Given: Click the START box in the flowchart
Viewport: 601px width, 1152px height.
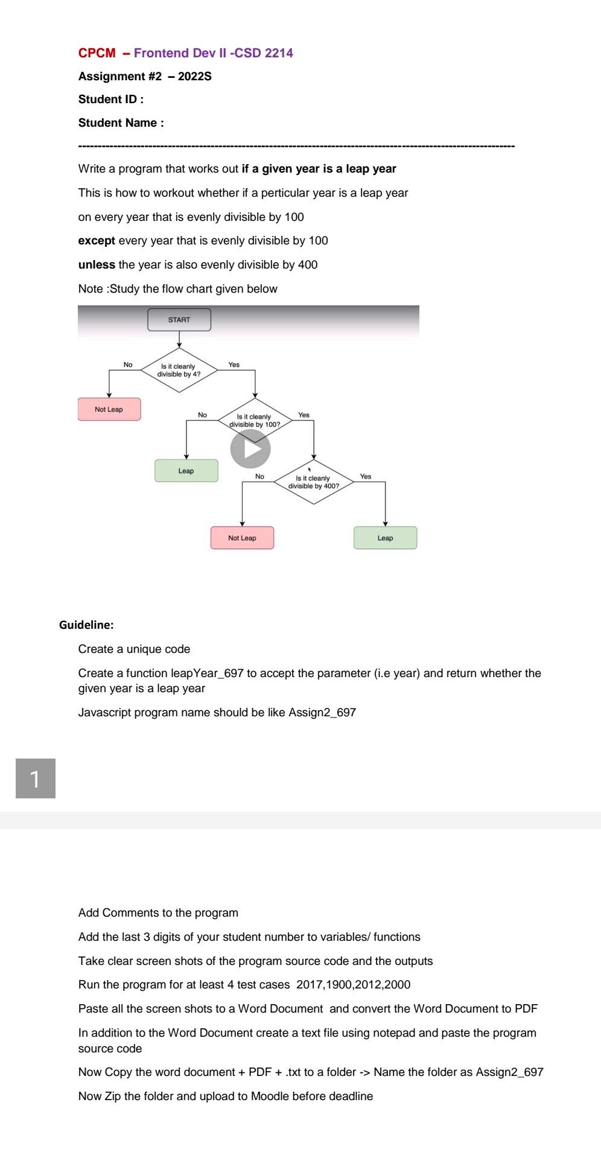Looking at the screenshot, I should (179, 320).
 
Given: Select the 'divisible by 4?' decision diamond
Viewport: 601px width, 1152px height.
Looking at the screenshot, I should (179, 370).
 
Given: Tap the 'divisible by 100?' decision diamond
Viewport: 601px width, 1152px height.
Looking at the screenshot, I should (255, 420).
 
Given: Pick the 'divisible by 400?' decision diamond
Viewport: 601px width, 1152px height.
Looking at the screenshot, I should (313, 482).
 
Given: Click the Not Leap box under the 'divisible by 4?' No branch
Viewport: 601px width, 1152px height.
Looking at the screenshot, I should (109, 409).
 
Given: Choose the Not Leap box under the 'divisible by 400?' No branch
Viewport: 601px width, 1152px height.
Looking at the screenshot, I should (242, 538).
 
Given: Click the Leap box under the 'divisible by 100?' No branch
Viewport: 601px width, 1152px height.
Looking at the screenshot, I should (186, 471).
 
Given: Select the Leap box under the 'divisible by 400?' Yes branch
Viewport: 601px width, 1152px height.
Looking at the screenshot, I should (385, 538).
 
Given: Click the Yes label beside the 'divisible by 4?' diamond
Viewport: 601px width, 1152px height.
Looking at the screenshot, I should (234, 364).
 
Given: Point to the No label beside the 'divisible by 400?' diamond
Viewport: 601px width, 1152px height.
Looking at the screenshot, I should (259, 476).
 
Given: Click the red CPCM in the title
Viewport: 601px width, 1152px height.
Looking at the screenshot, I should (97, 53).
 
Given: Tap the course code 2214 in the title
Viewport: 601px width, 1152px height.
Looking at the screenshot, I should (279, 53).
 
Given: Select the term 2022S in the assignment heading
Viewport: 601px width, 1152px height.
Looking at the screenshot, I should (194, 77).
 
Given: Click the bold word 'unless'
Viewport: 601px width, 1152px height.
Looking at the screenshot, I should (97, 265).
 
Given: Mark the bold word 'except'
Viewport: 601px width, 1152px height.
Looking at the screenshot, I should (97, 241).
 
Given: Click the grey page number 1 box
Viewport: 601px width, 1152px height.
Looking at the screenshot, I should (36, 778).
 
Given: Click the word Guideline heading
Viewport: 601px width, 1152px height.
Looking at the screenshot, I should (86, 625).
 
